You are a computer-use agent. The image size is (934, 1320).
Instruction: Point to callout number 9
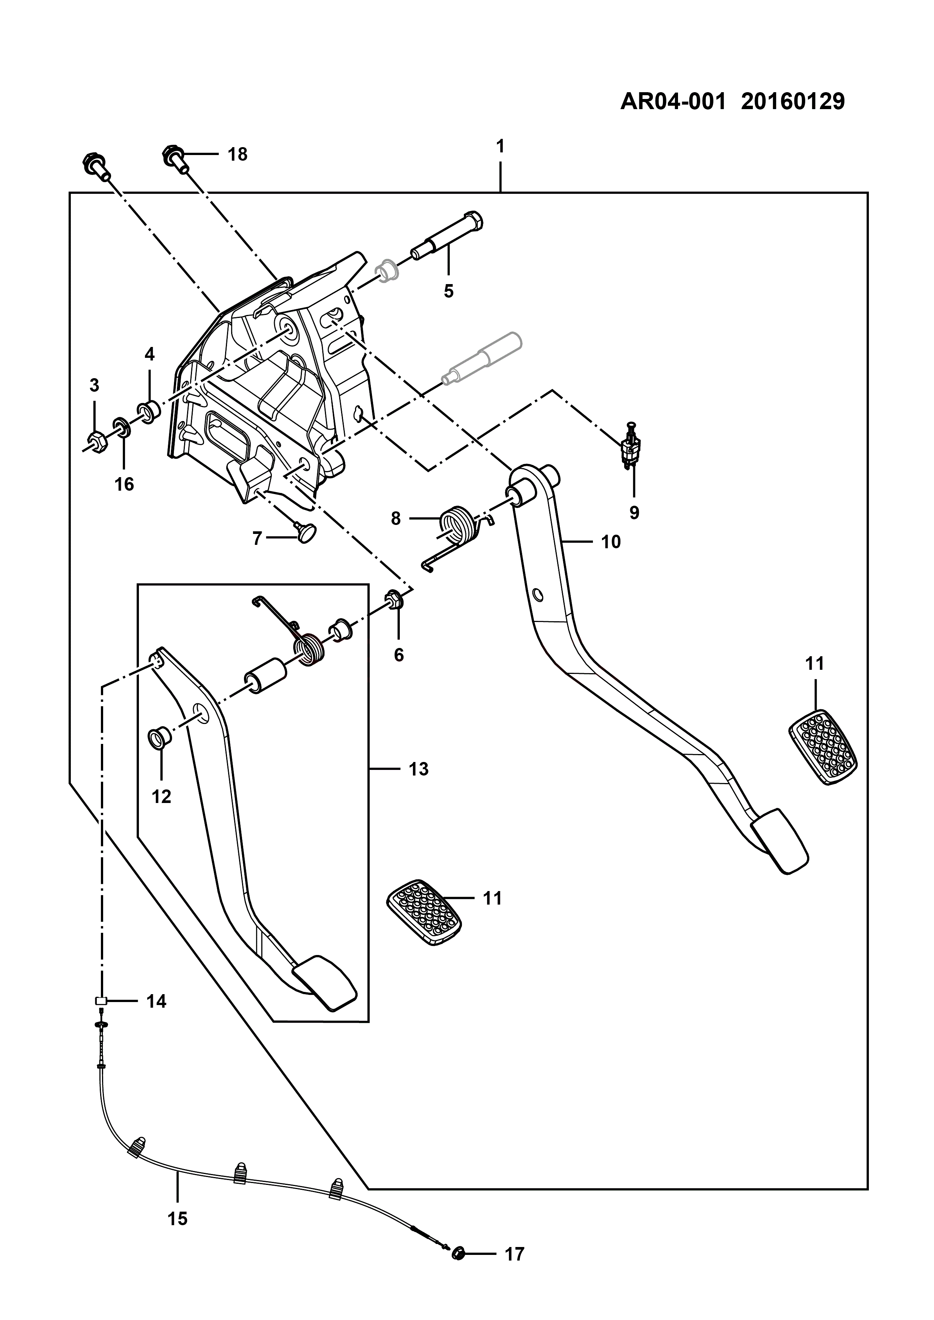tap(634, 512)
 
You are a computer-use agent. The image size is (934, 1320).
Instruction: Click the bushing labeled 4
tap(148, 412)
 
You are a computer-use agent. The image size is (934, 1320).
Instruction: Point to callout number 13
tap(419, 769)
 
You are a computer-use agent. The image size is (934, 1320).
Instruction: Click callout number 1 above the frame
tap(500, 147)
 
